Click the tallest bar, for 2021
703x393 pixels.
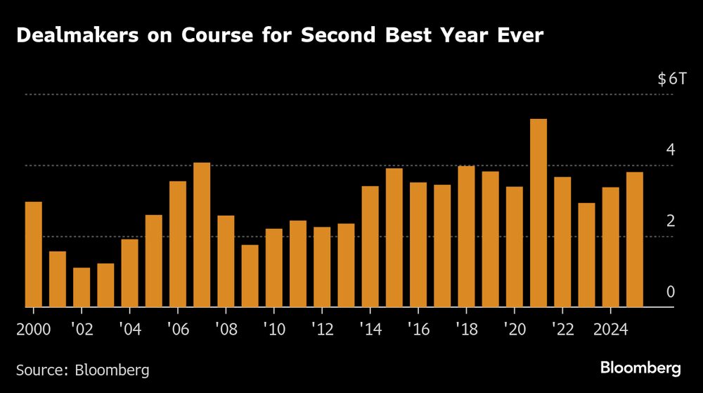pos(538,213)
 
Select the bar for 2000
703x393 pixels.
pos(34,255)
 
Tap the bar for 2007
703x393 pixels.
pos(202,235)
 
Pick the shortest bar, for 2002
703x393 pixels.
pos(82,287)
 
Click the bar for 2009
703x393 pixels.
pos(250,276)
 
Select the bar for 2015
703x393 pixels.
pos(394,238)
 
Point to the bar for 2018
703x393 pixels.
pos(466,237)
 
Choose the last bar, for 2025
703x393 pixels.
pos(634,240)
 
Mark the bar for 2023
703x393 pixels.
pos(586,255)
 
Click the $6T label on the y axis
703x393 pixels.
pos(671,79)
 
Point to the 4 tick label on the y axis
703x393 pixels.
pos(671,150)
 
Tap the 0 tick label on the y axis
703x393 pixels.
pos(671,292)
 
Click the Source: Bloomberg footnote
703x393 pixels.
pos(82,368)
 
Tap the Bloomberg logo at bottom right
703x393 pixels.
pos(640,368)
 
